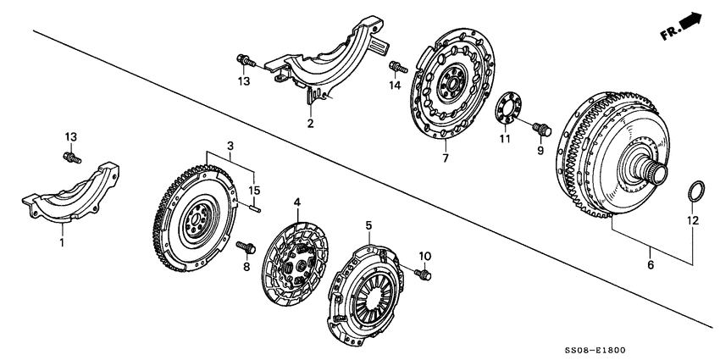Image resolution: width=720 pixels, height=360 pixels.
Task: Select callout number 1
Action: pyautogui.click(x=61, y=242)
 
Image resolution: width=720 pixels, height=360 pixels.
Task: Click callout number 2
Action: pyautogui.click(x=310, y=124)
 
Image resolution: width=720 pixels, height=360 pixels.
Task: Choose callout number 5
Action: pyautogui.click(x=369, y=224)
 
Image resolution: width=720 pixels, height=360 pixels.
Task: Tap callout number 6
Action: pyautogui.click(x=650, y=265)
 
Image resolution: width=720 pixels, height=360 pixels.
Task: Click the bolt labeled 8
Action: pyautogui.click(x=245, y=246)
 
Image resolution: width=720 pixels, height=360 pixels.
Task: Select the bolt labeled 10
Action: pyautogui.click(x=425, y=272)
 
